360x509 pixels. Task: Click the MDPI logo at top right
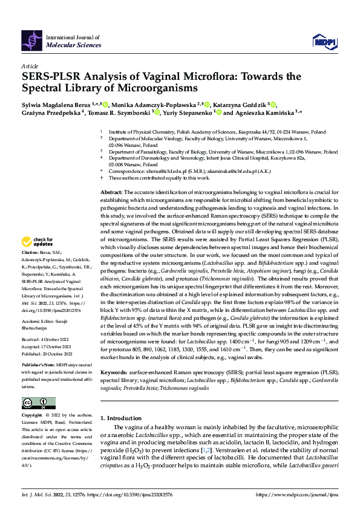tap(322, 41)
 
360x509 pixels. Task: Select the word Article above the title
tap(30, 66)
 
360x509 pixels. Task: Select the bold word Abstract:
tap(113, 190)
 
